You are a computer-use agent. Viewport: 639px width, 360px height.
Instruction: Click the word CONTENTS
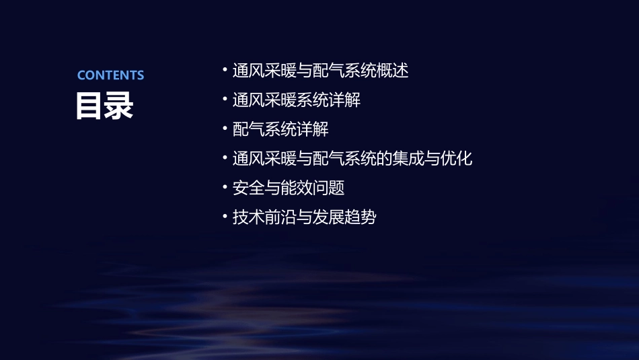click(x=110, y=75)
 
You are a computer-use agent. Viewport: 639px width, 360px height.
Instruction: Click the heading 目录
click(x=104, y=106)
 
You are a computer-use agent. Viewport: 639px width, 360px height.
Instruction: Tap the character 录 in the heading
click(x=119, y=106)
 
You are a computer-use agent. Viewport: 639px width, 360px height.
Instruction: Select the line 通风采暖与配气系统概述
click(x=320, y=71)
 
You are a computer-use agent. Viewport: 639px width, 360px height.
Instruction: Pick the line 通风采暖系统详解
click(x=296, y=100)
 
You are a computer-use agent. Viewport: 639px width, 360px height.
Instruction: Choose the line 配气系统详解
click(x=280, y=129)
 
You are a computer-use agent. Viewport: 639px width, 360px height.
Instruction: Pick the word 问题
click(x=328, y=188)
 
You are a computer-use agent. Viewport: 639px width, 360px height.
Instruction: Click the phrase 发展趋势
click(x=344, y=217)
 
